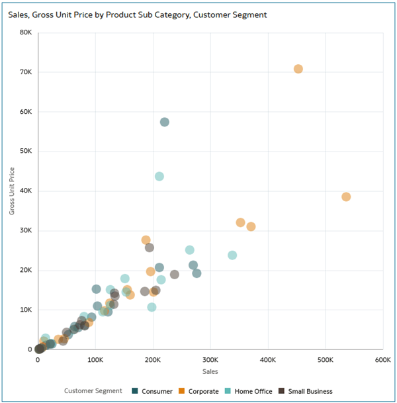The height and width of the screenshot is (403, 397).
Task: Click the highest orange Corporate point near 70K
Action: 298,69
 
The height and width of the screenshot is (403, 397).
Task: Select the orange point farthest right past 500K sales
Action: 346,197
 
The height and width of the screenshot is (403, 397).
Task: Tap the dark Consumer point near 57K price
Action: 165,122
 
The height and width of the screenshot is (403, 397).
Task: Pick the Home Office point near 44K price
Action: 159,176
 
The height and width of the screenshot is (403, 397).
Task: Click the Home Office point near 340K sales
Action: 232,255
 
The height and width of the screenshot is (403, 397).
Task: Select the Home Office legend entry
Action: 251,391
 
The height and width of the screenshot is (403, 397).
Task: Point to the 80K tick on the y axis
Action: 26,32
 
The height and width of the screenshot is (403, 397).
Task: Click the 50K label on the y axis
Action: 26,151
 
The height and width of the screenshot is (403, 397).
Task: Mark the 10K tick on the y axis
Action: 26,310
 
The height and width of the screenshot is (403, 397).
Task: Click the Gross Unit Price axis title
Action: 12,191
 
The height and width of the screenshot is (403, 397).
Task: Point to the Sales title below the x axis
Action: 210,373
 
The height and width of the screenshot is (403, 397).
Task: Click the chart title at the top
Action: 138,15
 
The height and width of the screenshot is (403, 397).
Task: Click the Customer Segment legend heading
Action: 93,391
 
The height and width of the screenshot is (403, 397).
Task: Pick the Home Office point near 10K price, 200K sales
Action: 152,307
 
